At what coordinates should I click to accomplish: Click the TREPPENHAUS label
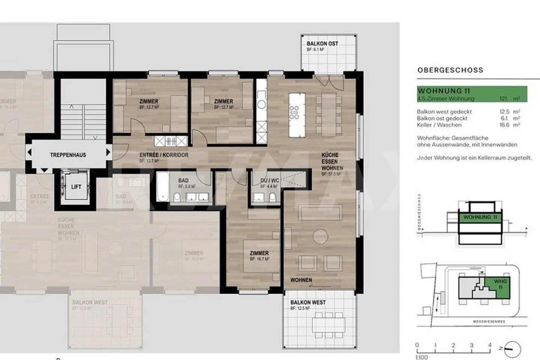click(68, 155)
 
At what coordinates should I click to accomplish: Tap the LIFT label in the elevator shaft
click(76, 187)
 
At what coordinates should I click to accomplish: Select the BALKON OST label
click(322, 44)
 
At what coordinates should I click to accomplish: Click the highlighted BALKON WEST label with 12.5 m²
click(308, 303)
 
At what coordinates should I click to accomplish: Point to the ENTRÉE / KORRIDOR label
click(164, 155)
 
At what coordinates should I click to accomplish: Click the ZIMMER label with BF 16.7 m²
click(259, 253)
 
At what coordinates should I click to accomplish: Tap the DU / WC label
click(270, 181)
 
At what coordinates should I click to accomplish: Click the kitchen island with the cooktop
click(294, 115)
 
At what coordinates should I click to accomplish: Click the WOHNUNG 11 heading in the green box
click(444, 91)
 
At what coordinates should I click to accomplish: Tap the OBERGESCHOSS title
click(450, 70)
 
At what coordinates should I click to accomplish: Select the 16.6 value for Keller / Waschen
click(504, 125)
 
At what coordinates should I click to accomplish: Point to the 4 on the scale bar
click(489, 345)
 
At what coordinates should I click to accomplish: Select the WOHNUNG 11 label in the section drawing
click(480, 217)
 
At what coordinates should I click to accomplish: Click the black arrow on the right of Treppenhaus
click(108, 152)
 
